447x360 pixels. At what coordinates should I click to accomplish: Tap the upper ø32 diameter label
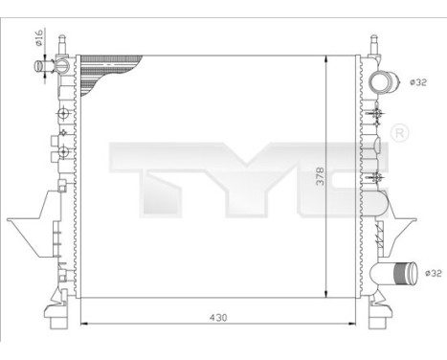point(417,82)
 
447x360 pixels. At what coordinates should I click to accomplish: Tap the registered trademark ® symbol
point(400,132)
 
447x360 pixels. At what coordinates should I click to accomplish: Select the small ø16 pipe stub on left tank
point(42,66)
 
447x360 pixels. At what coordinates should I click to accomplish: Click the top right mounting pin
point(373,44)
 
